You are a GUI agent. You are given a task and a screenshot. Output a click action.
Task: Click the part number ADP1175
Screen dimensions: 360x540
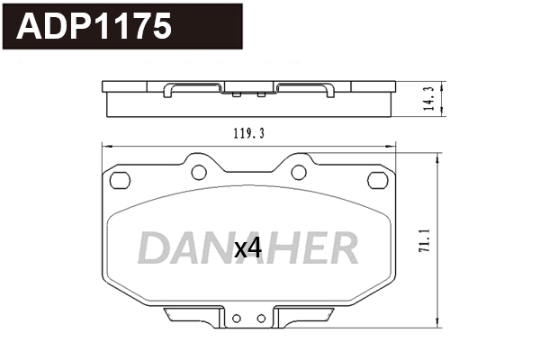click(x=94, y=27)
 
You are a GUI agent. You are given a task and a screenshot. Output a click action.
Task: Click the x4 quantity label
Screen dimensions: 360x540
click(x=247, y=249)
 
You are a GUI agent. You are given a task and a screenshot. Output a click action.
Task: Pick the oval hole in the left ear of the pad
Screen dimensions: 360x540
click(x=119, y=180)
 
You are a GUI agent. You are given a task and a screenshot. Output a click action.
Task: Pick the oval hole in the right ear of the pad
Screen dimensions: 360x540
click(x=376, y=180)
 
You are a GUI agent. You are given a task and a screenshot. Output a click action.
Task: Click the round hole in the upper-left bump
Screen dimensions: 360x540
click(x=200, y=171)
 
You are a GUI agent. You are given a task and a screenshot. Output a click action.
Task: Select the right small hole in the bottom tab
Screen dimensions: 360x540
click(x=261, y=318)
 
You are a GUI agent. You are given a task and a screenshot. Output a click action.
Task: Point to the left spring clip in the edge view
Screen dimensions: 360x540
click(x=193, y=88)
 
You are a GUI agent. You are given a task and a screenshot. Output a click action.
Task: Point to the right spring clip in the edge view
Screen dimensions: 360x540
click(x=304, y=88)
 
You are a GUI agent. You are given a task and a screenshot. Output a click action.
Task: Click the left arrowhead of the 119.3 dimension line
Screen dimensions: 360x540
click(x=104, y=147)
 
